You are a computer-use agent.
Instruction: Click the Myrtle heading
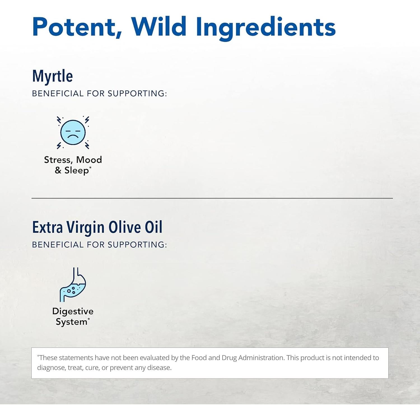[x=53, y=76]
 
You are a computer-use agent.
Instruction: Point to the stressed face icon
[x=73, y=132]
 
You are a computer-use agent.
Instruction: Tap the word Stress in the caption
[x=57, y=160]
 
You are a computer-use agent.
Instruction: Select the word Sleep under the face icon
[x=76, y=171]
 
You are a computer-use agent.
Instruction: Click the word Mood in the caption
[x=89, y=160]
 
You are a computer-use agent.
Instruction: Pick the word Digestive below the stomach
[x=73, y=311]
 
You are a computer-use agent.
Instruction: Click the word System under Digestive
[x=71, y=322]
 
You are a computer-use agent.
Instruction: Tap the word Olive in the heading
[x=125, y=227]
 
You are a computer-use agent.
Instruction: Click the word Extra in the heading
[x=47, y=227]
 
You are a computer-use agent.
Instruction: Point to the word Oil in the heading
[x=153, y=227]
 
